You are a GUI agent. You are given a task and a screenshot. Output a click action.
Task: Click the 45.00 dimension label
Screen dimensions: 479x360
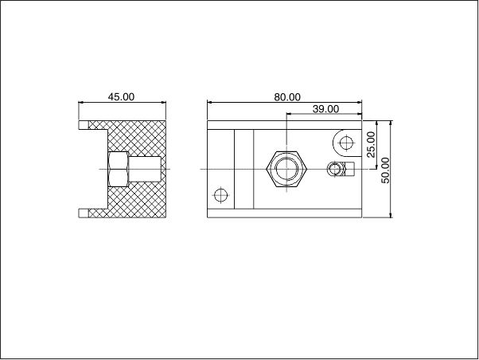click(x=121, y=96)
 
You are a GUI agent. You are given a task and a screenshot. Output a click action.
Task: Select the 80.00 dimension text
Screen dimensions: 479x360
click(x=287, y=97)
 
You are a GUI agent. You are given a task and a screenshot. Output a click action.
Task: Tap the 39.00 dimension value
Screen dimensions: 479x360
click(x=325, y=108)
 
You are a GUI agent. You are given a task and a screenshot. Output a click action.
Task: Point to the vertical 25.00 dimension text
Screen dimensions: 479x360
click(x=371, y=144)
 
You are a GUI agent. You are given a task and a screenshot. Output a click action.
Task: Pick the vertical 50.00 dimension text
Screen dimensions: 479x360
click(x=386, y=170)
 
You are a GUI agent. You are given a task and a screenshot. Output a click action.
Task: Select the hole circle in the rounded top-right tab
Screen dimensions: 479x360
click(x=346, y=143)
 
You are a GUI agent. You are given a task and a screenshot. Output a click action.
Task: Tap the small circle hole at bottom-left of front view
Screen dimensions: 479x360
click(x=220, y=195)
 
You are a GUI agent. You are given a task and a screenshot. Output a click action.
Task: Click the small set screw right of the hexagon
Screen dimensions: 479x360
click(x=335, y=169)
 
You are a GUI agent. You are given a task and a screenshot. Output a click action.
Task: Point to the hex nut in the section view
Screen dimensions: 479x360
click(x=119, y=169)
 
